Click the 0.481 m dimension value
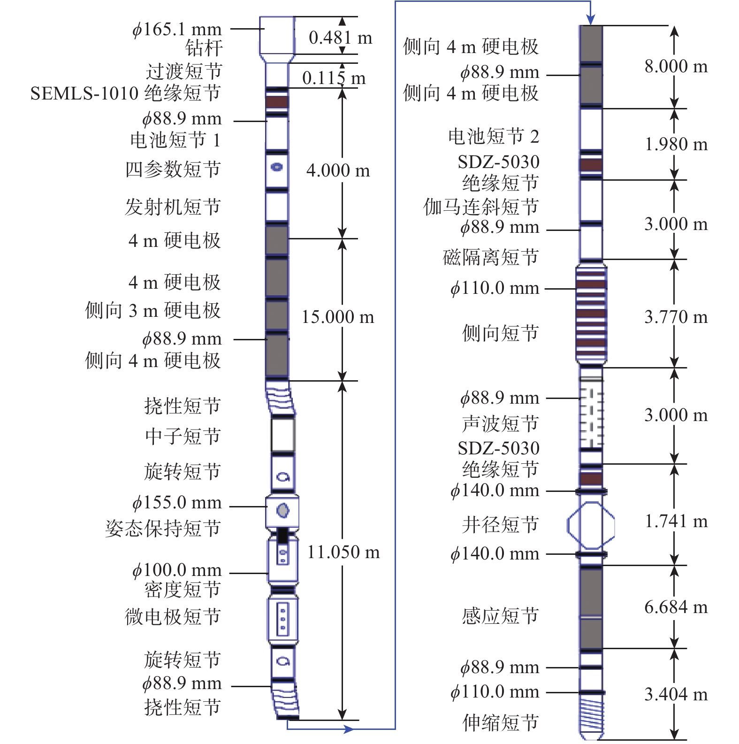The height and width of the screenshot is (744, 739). pyautogui.click(x=340, y=38)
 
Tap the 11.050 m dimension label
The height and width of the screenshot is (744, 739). pyautogui.click(x=343, y=552)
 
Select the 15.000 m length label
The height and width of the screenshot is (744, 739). pyautogui.click(x=337, y=317)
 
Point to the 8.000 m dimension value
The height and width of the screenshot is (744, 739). pyautogui.click(x=676, y=66)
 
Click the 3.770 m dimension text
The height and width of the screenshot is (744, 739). pyautogui.click(x=676, y=317)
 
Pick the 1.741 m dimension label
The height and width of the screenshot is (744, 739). pyautogui.click(x=676, y=521)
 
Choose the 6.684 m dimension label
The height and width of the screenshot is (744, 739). pyautogui.click(x=676, y=607)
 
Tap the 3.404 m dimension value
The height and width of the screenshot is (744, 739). pyautogui.click(x=676, y=694)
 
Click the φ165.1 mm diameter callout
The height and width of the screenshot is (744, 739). pyautogui.click(x=176, y=29)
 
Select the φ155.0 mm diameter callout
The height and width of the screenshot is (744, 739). pyautogui.click(x=176, y=502)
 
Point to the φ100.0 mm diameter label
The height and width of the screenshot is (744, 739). pyautogui.click(x=176, y=570)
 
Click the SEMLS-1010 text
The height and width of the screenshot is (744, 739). pyautogui.click(x=85, y=93)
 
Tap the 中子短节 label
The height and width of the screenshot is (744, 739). pyautogui.click(x=183, y=436)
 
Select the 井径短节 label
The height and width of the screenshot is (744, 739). pyautogui.click(x=500, y=524)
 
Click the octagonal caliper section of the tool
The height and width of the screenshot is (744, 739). pyautogui.click(x=591, y=525)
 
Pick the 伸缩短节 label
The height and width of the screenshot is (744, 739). pyautogui.click(x=500, y=722)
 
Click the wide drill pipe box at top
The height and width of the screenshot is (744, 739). pyautogui.click(x=277, y=35)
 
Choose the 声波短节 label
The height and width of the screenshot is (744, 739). pyautogui.click(x=500, y=423)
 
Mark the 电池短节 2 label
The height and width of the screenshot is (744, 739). pyautogui.click(x=494, y=137)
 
